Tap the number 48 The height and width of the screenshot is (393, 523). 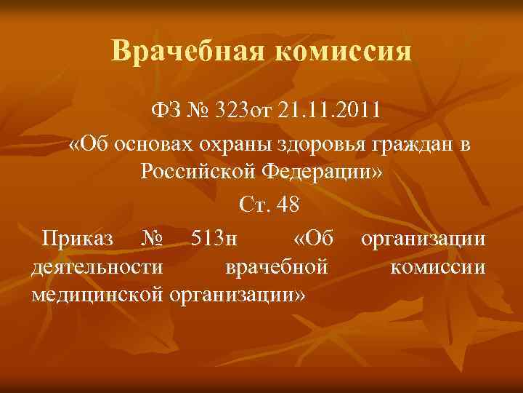click(x=287, y=206)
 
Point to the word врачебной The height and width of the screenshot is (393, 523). click(x=276, y=267)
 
